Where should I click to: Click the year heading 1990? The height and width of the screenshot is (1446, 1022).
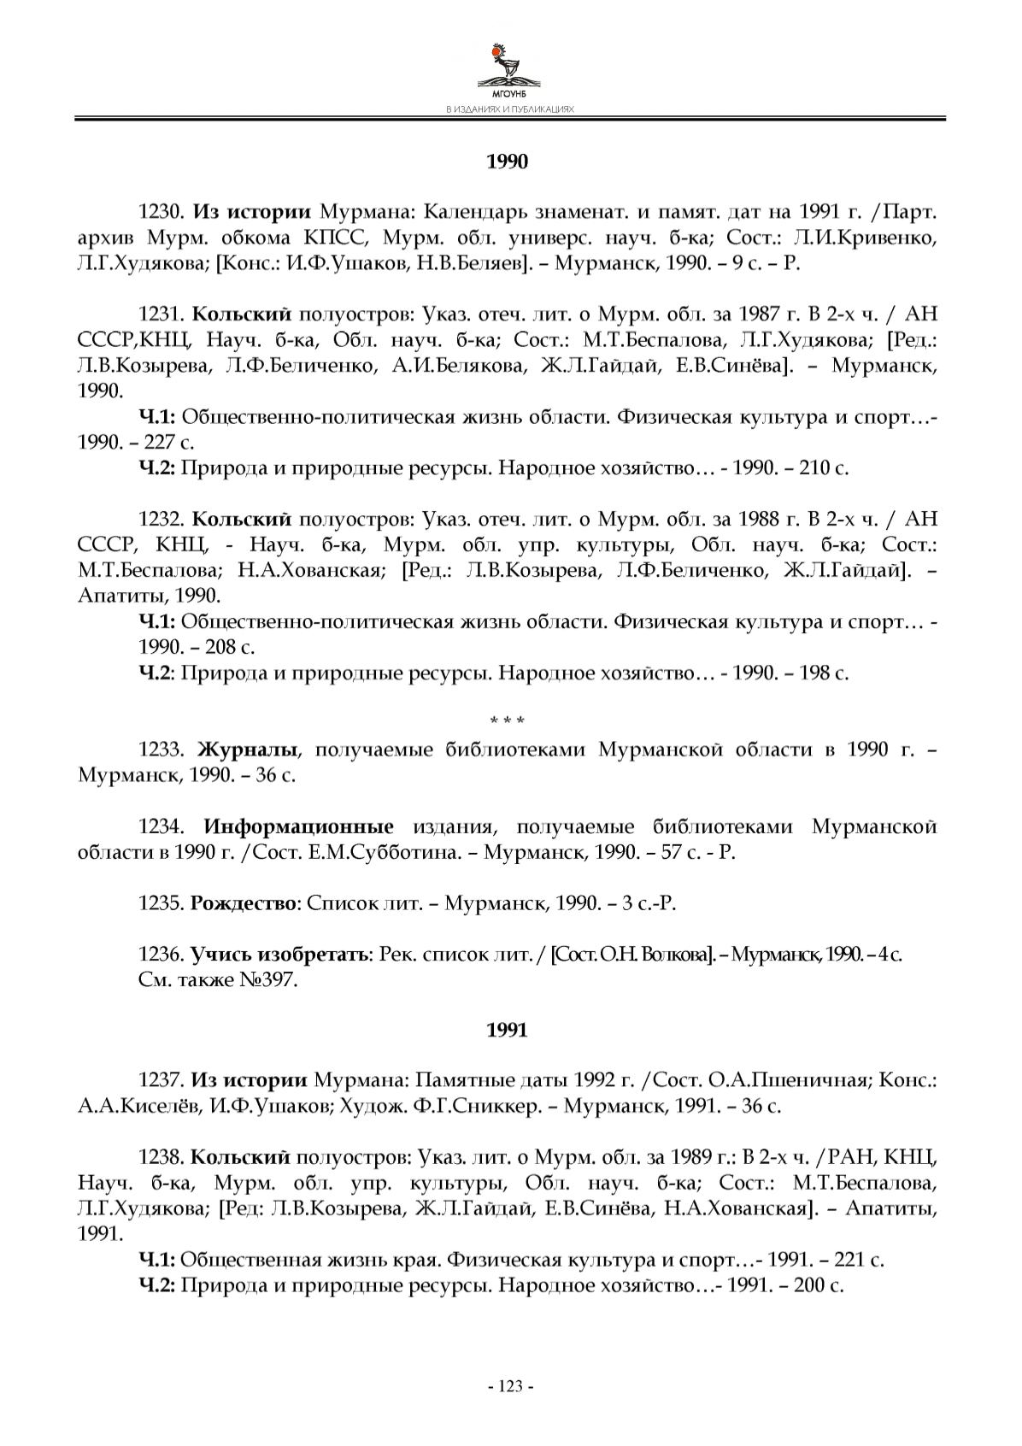[x=508, y=162]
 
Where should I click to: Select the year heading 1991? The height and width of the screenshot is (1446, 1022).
[x=508, y=1031]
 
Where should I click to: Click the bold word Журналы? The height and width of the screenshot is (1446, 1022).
[x=248, y=749]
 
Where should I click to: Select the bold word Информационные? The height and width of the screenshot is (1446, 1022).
[x=298, y=826]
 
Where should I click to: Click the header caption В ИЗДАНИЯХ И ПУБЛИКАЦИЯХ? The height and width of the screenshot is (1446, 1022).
[x=510, y=110]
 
